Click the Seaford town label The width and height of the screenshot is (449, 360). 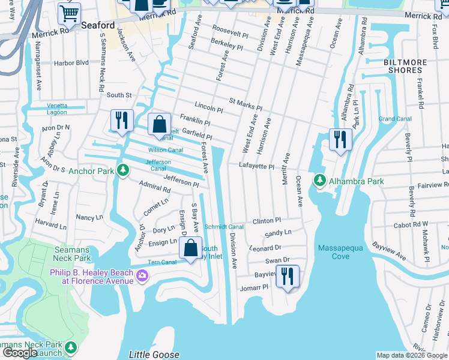pyautogui.click(x=98, y=25)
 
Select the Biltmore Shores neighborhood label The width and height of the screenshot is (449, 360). pyautogui.click(x=405, y=66)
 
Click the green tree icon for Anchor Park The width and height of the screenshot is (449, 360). pyautogui.click(x=122, y=170)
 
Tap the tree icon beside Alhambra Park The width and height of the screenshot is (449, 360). pyautogui.click(x=319, y=180)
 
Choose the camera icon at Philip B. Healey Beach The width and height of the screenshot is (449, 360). pyautogui.click(x=142, y=276)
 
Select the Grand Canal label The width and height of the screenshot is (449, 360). pyautogui.click(x=395, y=119)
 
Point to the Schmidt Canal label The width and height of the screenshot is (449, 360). pyautogui.click(x=224, y=227)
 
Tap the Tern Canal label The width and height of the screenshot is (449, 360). pyautogui.click(x=161, y=262)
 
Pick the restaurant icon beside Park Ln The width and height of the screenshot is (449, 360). pyautogui.click(x=340, y=140)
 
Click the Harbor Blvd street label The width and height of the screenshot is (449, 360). pyautogui.click(x=71, y=62)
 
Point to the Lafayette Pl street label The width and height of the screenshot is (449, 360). pyautogui.click(x=256, y=166)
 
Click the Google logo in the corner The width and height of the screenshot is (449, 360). pyautogui.click(x=20, y=353)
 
